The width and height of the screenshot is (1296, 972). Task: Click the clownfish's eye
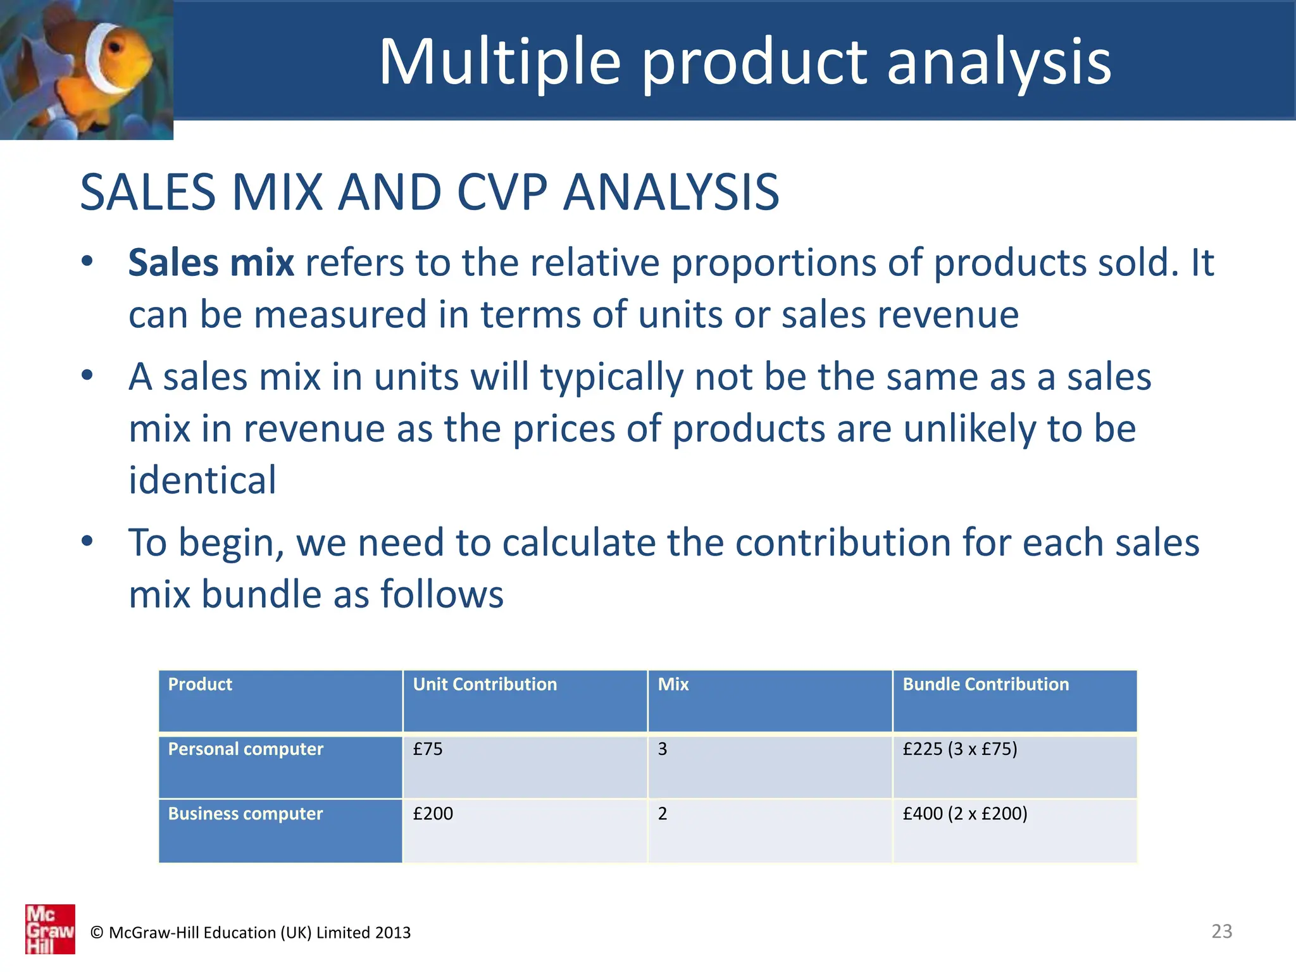(x=115, y=48)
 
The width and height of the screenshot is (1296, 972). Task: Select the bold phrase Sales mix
(x=211, y=263)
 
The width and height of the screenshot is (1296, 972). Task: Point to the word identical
(x=202, y=480)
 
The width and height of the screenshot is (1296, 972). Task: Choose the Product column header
(x=200, y=685)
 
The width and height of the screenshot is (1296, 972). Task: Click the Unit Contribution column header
(x=485, y=685)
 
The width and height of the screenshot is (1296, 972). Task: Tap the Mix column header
(x=673, y=685)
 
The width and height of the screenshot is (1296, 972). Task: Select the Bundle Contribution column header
(x=985, y=685)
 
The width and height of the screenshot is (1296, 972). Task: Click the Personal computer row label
(x=246, y=749)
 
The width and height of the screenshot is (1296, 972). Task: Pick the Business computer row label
(x=246, y=814)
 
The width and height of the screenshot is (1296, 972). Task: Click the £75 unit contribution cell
(x=428, y=749)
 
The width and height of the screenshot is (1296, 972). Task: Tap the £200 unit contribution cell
(x=433, y=814)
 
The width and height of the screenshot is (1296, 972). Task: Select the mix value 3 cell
(x=663, y=749)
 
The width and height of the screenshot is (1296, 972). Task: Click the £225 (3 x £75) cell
(x=959, y=749)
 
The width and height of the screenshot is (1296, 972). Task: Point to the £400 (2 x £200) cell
(x=964, y=814)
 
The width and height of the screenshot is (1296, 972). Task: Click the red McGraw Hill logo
(x=50, y=929)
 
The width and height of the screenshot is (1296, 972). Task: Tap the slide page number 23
(x=1221, y=931)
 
